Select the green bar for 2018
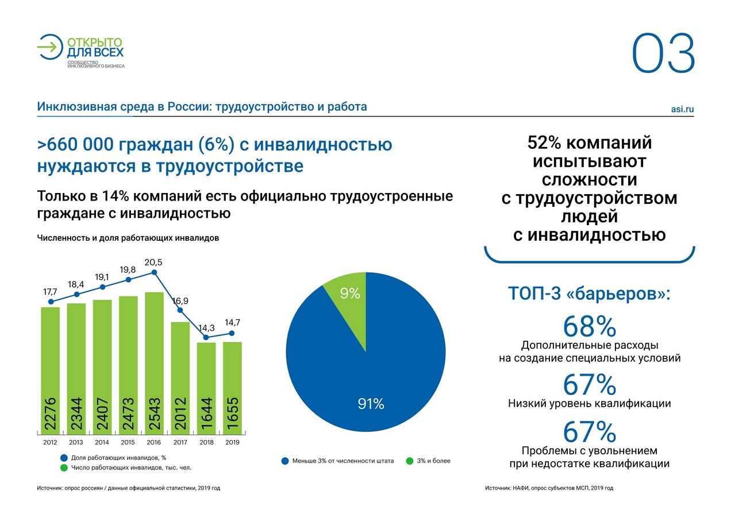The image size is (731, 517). [x=206, y=388]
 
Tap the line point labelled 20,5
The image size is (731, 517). [x=154, y=273]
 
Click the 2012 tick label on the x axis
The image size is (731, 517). [x=50, y=442]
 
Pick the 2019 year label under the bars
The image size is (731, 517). [x=232, y=442]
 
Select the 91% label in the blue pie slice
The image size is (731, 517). [x=371, y=404]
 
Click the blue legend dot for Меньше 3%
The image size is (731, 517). [x=284, y=461]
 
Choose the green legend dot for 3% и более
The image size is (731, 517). [x=409, y=461]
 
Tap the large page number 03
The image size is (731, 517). [x=664, y=54]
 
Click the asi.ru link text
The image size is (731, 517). [x=682, y=109]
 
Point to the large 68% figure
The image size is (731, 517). [x=589, y=326]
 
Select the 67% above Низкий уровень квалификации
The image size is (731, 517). [x=589, y=384]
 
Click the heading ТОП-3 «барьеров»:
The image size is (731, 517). [x=589, y=294]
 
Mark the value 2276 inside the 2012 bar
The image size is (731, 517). [x=51, y=414]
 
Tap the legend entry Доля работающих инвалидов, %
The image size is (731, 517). [x=118, y=458]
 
